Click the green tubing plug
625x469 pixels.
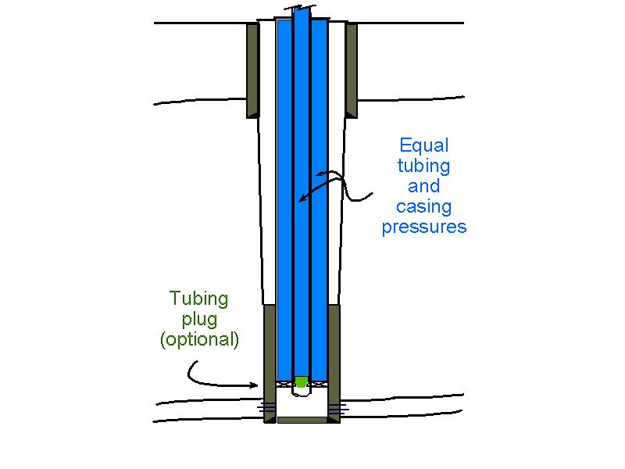coord(301,381)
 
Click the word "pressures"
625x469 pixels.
coord(424,227)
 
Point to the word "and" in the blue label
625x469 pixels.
coord(424,187)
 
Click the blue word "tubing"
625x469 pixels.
coord(424,166)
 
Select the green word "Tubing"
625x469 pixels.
coord(199,299)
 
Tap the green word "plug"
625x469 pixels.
coord(199,320)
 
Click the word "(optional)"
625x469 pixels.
coord(199,340)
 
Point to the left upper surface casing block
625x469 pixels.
coord(252,70)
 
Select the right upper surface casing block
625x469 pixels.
coord(352,70)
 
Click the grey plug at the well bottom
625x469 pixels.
coord(301,420)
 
